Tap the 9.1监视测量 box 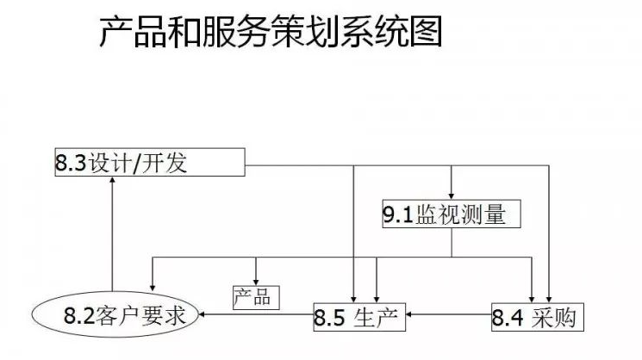(x=452, y=214)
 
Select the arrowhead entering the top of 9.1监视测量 (x=452, y=196)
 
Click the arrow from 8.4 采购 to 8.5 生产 (x=448, y=316)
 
